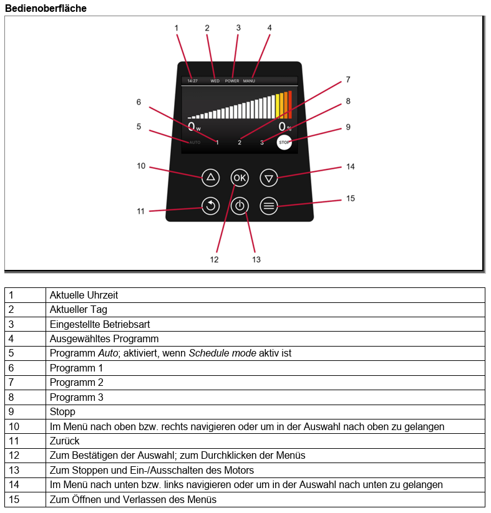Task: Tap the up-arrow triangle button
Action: click(210, 178)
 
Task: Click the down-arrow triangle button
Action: click(269, 178)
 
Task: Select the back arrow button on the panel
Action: click(210, 206)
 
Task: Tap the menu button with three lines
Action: click(269, 206)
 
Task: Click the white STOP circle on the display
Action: click(284, 142)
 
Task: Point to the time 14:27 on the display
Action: click(193, 81)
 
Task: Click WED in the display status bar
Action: click(215, 81)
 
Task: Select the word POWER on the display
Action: click(232, 81)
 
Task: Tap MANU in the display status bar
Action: click(249, 81)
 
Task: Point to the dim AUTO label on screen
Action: click(195, 142)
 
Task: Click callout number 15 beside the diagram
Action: click(351, 198)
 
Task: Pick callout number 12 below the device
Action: click(214, 259)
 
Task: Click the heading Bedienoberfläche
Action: click(46, 8)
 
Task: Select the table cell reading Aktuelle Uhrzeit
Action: click(84, 295)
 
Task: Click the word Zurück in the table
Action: click(64, 441)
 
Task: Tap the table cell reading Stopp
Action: click(62, 411)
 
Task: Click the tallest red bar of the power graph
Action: click(290, 105)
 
